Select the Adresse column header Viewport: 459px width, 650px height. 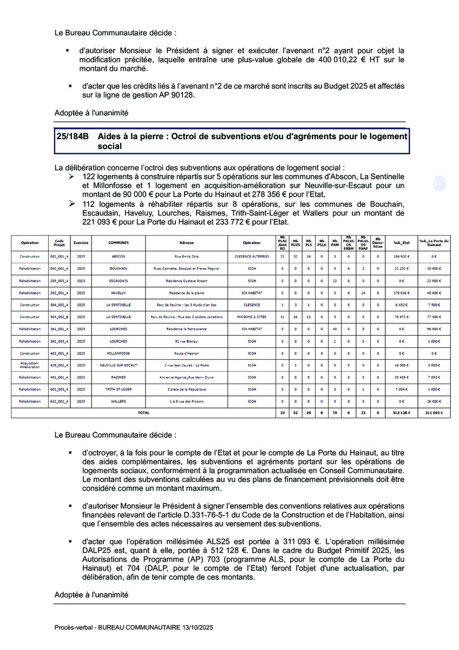tap(186, 243)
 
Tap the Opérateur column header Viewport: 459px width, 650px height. tap(252, 243)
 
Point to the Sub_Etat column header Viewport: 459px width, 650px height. tap(402, 243)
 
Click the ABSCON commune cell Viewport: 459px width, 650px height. tap(119, 256)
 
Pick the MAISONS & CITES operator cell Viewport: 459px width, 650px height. tap(252, 316)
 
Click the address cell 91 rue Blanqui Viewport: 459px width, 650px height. tap(186, 341)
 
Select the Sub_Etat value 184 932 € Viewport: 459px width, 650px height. tap(402, 256)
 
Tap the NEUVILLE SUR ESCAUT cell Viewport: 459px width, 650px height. tap(119, 365)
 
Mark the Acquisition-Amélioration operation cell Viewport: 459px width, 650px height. tap(30, 365)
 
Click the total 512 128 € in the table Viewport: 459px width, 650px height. tap(402, 413)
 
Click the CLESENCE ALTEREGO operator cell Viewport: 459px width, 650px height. tap(252, 256)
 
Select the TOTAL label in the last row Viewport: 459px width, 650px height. tap(143, 413)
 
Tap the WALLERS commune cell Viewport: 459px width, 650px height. tap(119, 401)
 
